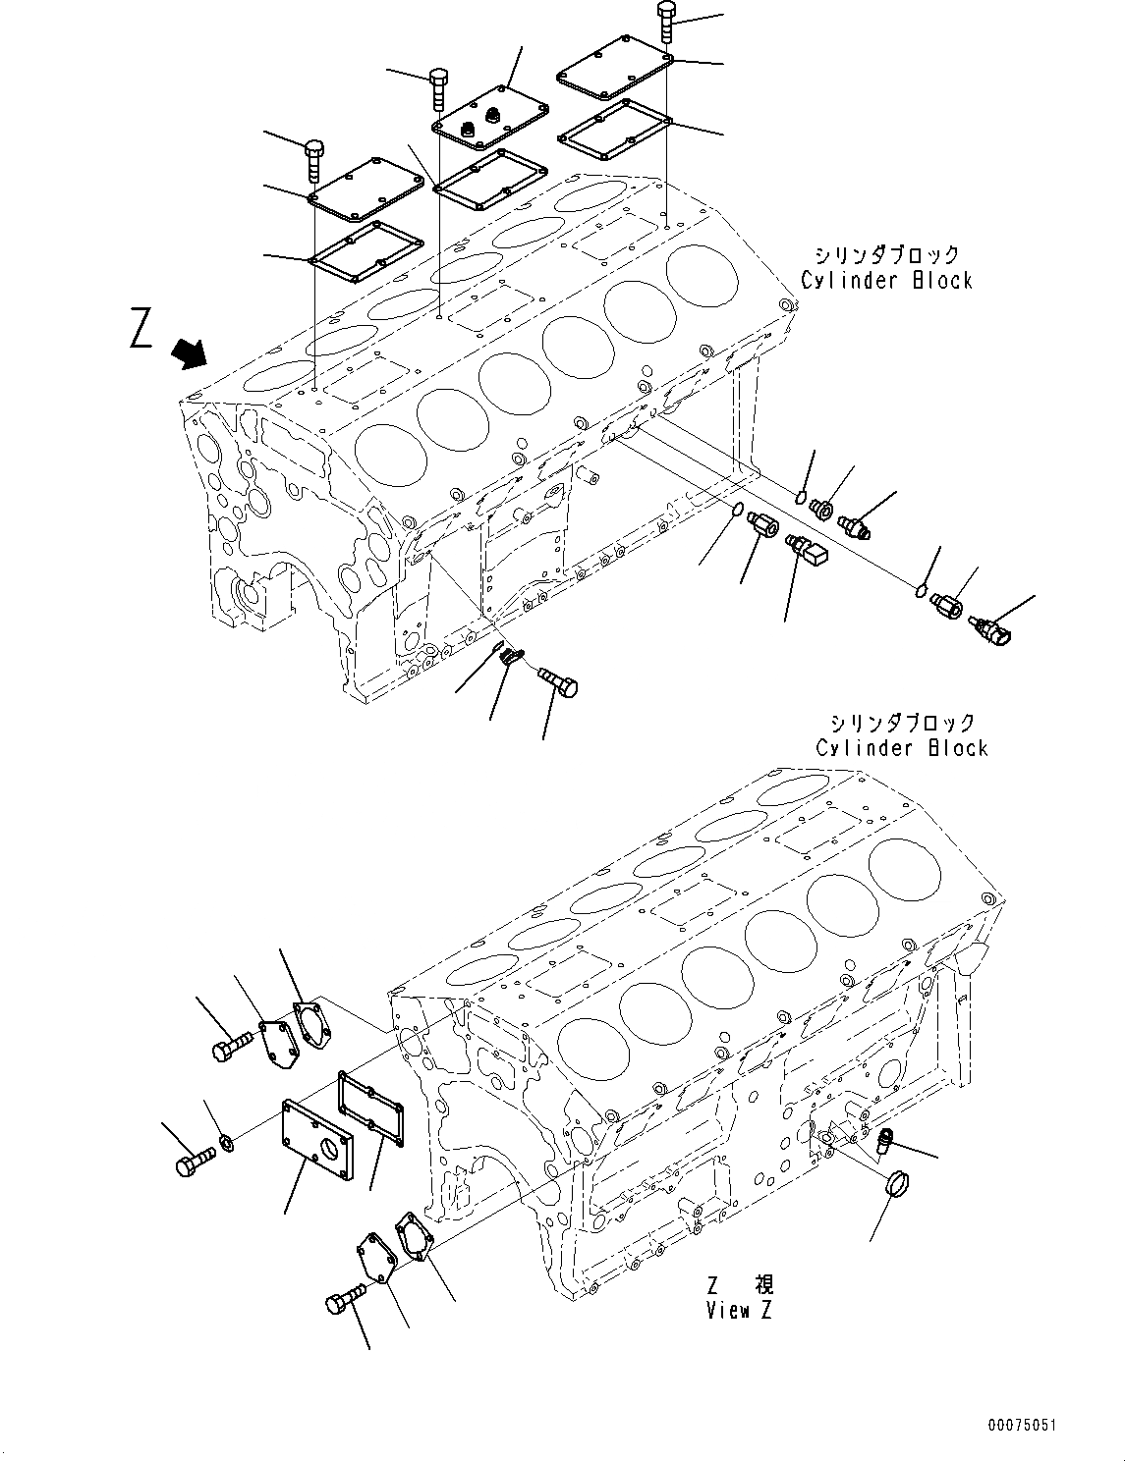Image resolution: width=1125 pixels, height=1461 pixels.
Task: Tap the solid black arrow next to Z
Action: coord(190,352)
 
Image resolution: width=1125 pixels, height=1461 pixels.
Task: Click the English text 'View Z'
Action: coord(740,1310)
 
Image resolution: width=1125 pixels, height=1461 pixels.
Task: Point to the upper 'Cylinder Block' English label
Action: coord(886,281)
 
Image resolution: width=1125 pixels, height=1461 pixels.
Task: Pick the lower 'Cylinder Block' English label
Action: coord(901,748)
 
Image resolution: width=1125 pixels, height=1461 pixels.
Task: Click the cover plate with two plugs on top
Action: coord(486,125)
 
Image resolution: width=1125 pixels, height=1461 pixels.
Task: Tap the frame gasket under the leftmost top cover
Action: coord(366,249)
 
